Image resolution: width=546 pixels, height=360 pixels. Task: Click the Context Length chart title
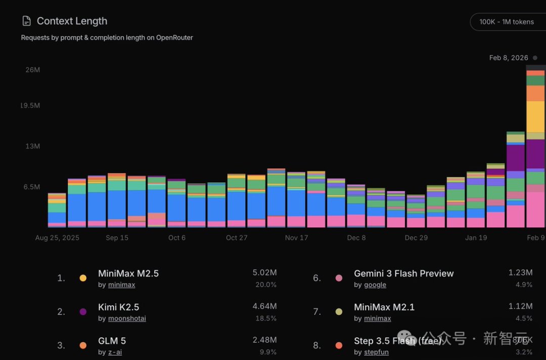tap(72, 21)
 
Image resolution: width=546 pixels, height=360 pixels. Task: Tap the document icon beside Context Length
tap(26, 21)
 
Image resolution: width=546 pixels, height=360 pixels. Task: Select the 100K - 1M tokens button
tap(506, 22)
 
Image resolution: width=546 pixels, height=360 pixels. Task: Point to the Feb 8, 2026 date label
tap(509, 58)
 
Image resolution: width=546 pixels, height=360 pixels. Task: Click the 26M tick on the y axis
tap(33, 70)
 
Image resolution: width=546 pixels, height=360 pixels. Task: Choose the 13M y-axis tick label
tap(33, 146)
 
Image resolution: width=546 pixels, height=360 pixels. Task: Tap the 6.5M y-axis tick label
tap(32, 187)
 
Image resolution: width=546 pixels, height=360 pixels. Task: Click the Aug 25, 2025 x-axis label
tap(57, 238)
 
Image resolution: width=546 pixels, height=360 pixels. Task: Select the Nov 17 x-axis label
tap(296, 238)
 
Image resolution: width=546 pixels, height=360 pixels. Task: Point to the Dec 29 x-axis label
tap(416, 238)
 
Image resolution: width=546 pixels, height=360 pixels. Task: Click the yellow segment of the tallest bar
tap(535, 116)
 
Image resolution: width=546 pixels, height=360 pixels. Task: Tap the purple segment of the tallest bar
tap(535, 154)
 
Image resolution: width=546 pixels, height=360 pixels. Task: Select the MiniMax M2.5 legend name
tap(128, 274)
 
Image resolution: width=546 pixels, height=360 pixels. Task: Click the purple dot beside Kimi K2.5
tap(83, 311)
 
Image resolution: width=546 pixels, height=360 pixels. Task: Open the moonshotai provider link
tap(127, 319)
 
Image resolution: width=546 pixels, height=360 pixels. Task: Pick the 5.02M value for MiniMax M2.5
tap(264, 273)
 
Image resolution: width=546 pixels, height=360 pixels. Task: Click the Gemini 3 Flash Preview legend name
tap(404, 274)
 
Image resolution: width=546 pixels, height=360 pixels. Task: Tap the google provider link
tap(375, 285)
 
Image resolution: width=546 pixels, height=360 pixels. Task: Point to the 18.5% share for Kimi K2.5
tap(266, 319)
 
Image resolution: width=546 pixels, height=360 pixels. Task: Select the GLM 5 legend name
tap(112, 341)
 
